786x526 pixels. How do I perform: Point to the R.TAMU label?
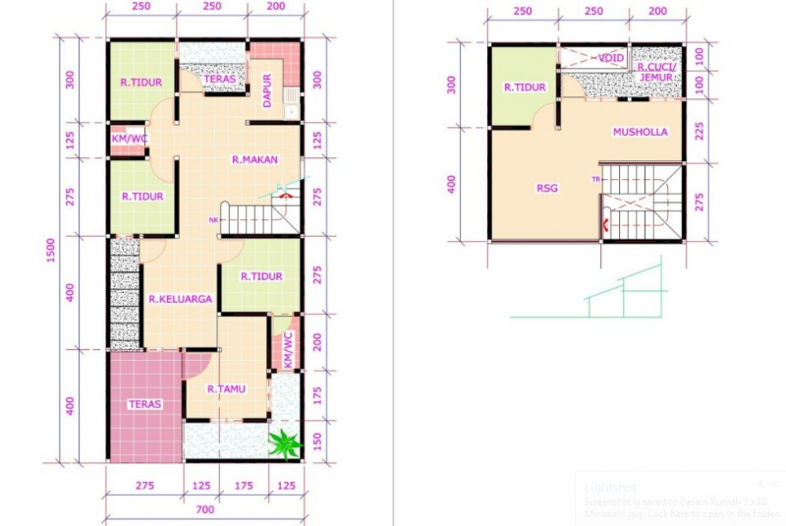point(226,389)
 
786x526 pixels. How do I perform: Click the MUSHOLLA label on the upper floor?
point(640,132)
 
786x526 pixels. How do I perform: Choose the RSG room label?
point(547,188)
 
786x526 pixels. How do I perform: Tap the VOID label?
point(611,58)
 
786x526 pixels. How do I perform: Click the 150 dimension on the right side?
point(316,439)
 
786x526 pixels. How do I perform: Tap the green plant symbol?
point(285,444)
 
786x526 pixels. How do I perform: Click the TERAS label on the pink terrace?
point(144,404)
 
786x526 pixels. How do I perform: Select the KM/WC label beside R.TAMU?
point(287,350)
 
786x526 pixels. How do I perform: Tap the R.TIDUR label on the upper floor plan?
point(525,88)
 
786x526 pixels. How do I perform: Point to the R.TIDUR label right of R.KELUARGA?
point(261,276)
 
